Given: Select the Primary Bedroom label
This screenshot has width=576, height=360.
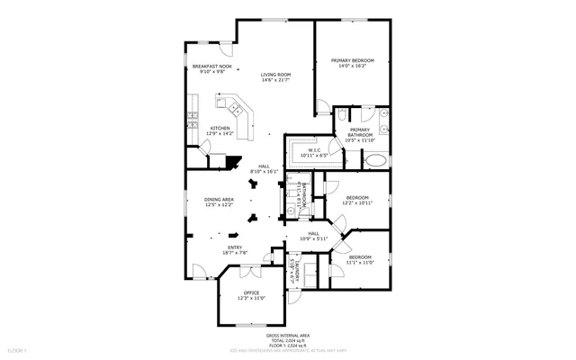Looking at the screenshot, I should coord(352,63).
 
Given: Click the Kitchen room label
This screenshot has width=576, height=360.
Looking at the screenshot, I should coord(220,131).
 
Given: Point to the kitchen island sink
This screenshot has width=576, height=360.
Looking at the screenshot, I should coord(233,109).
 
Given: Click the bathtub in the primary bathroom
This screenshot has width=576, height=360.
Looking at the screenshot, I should coord(375,161).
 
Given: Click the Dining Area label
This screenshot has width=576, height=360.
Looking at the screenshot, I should coord(220,202).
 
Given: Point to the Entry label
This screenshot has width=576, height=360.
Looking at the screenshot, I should coord(234,250).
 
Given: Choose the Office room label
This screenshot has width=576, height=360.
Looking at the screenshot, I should coord(251,295).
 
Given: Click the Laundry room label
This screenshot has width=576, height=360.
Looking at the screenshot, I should coord(291,270).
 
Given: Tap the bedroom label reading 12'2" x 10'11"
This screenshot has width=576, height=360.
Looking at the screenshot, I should coord(358,201).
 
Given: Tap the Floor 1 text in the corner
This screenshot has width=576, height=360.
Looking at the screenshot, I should coord(17,349).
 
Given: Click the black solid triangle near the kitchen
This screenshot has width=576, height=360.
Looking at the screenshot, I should coord(234,164).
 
